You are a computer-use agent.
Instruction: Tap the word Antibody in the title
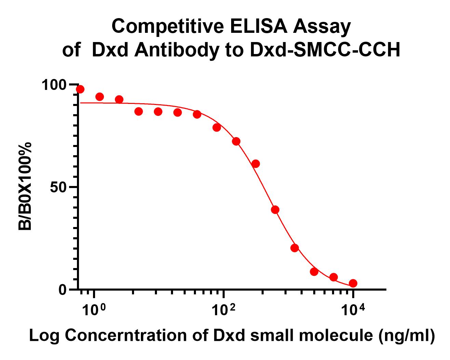176,51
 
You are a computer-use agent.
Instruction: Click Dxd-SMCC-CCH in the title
325,51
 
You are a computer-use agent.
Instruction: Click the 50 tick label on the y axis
58,187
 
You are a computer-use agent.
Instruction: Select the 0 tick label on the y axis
62,290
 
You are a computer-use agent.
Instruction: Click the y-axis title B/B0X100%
26,186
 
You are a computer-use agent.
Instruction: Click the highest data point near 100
80,89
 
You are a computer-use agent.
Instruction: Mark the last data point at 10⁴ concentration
353,283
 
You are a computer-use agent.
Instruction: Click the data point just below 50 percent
275,210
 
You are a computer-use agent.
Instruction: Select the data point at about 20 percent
294,248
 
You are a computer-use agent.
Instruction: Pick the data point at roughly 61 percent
255,164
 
